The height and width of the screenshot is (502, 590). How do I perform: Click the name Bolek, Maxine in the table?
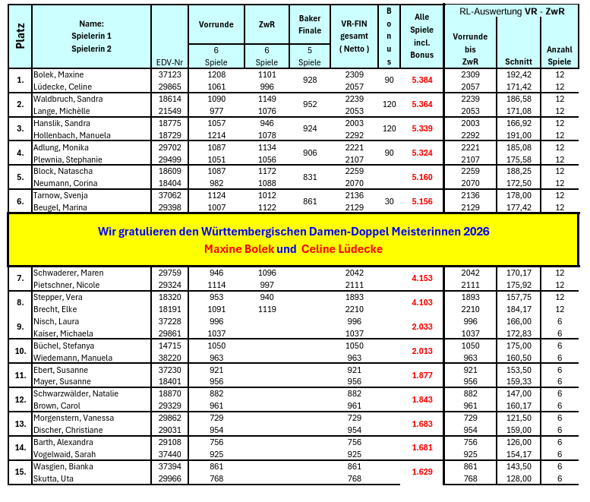point(58,75)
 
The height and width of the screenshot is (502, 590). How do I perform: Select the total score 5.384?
point(421,80)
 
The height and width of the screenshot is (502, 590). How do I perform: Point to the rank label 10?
point(21,351)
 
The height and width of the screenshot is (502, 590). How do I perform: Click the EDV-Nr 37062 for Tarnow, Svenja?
point(169,195)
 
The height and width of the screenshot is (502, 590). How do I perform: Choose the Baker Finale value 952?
point(309,104)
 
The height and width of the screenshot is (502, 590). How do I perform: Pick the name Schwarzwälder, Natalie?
point(76,394)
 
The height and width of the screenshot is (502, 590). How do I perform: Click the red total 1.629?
point(421,472)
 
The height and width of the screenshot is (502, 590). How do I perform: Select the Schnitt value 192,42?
point(518,75)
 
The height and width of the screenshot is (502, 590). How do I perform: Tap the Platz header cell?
point(21,36)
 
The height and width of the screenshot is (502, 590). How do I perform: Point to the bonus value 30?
point(390,200)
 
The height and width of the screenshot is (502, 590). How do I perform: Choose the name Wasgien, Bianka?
point(63,466)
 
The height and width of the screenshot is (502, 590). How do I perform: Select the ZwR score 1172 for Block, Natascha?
point(267,172)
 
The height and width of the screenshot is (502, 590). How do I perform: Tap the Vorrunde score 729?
point(217,418)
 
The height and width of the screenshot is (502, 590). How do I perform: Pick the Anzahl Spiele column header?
point(559,55)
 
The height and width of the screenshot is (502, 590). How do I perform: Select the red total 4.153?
point(421,278)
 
